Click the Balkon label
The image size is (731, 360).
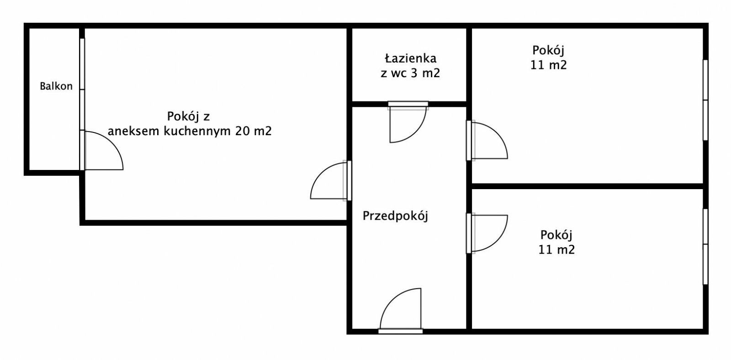[x=56, y=86]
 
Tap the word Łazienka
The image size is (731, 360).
[x=411, y=58]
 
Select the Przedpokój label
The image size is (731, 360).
[x=395, y=216]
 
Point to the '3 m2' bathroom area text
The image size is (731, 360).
[x=425, y=73]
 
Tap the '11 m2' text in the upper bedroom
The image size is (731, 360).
[x=548, y=65]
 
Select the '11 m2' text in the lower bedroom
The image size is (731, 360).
[x=556, y=250]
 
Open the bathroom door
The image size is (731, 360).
[x=408, y=122]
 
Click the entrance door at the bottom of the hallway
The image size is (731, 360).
[x=401, y=311]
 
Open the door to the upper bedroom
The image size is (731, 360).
[x=487, y=140]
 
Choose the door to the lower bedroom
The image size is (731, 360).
[x=487, y=233]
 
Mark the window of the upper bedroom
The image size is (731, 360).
[x=705, y=100]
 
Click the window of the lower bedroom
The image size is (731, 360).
[x=705, y=247]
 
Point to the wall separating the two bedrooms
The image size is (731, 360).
[x=588, y=186]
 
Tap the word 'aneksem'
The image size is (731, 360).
[x=134, y=131]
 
